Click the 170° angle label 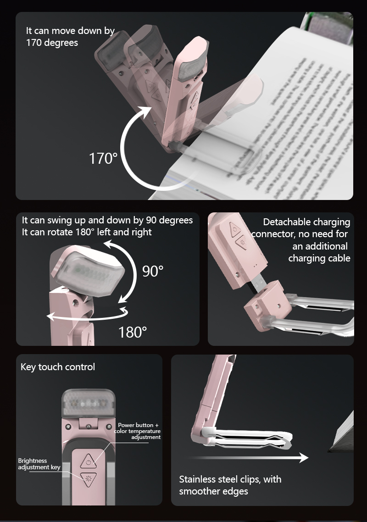tap(103, 159)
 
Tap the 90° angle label tap(152, 271)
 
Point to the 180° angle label tap(133, 332)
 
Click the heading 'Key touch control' tap(58, 367)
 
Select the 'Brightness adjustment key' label tap(39, 464)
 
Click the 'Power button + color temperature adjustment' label tap(138, 431)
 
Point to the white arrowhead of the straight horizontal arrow tap(303, 457)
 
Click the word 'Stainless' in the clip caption tap(197, 479)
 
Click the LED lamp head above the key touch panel tap(88, 402)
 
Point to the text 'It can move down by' tap(70, 31)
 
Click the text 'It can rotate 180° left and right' tap(87, 232)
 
